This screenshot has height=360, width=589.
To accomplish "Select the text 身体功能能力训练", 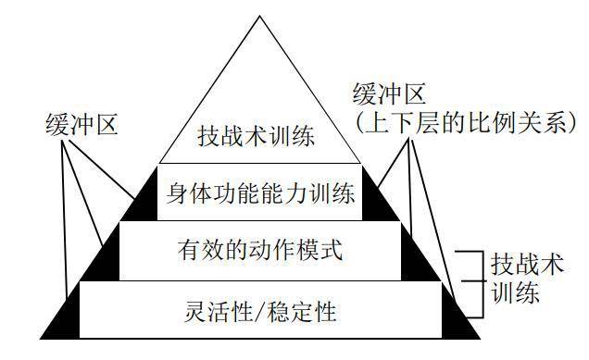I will click(259, 194).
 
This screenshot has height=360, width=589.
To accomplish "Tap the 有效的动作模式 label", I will click(259, 251).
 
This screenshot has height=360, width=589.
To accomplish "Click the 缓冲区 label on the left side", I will click(81, 123).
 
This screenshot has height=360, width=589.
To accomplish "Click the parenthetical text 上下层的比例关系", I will click(468, 123).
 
